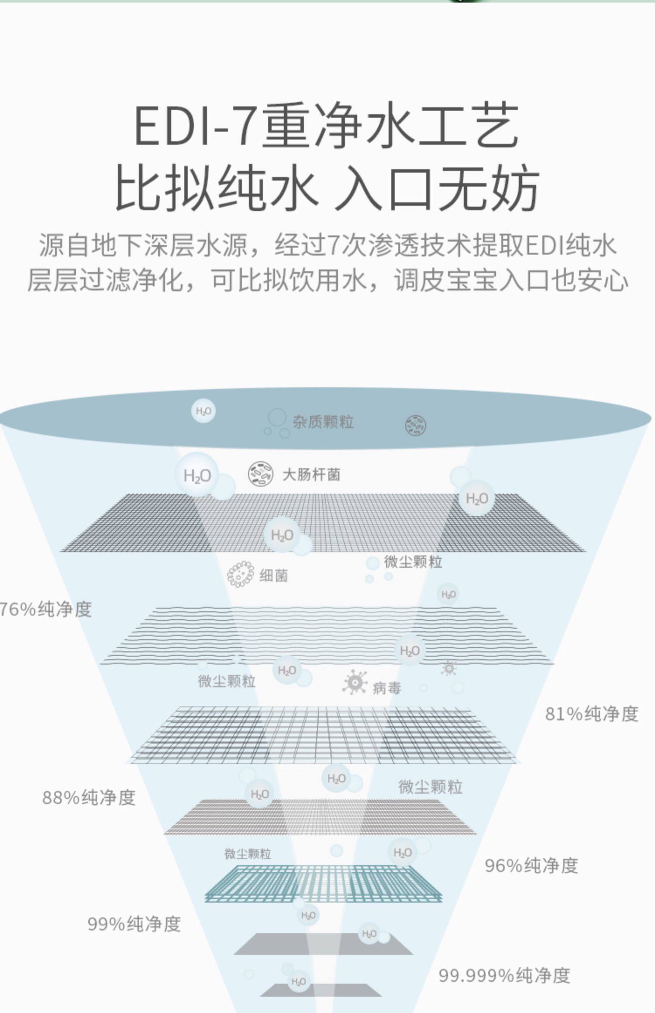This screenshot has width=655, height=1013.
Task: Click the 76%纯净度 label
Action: (x=46, y=609)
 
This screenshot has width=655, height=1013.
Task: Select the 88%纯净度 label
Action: (x=89, y=797)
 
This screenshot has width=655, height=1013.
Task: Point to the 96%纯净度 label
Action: (x=531, y=866)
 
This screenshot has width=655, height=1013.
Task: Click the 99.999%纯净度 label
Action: (x=504, y=975)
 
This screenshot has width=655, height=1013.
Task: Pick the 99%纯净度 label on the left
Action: (x=134, y=924)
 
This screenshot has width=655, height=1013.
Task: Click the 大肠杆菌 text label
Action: (x=311, y=475)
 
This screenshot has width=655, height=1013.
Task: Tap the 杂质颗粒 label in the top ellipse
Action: (x=323, y=422)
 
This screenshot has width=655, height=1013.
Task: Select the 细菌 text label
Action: (x=274, y=576)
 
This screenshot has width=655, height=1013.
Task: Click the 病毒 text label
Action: (x=387, y=688)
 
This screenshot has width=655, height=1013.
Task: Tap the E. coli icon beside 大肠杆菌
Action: (x=261, y=474)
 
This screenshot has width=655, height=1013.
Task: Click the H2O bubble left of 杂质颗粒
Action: (x=203, y=411)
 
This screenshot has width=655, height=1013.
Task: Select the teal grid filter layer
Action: (x=323, y=883)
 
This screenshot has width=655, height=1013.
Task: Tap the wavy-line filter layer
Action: (x=325, y=635)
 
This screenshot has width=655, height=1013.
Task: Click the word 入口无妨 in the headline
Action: (x=437, y=188)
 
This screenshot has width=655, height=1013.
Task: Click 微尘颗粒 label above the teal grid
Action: (x=248, y=854)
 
